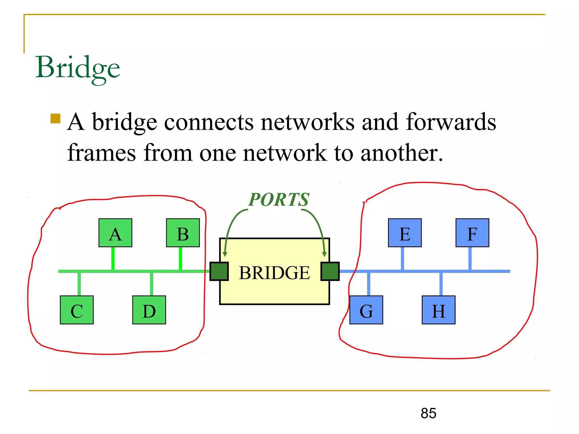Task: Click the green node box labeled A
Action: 115,233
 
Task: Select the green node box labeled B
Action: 183,233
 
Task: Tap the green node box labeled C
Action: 77,310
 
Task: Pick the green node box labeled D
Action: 149,310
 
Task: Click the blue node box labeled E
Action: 405,233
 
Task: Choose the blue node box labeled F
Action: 472,233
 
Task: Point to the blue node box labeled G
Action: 366,310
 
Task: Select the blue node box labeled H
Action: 438,310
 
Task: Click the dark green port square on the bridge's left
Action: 219,271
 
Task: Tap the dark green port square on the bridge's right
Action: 330,271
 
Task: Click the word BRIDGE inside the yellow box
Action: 274,273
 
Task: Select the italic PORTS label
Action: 278,199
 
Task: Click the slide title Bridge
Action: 77,68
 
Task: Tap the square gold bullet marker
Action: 55,119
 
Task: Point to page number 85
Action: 428,413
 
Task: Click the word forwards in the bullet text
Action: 451,122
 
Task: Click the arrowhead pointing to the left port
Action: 225,254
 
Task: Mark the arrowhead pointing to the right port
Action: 325,254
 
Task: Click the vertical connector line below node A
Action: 113,259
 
